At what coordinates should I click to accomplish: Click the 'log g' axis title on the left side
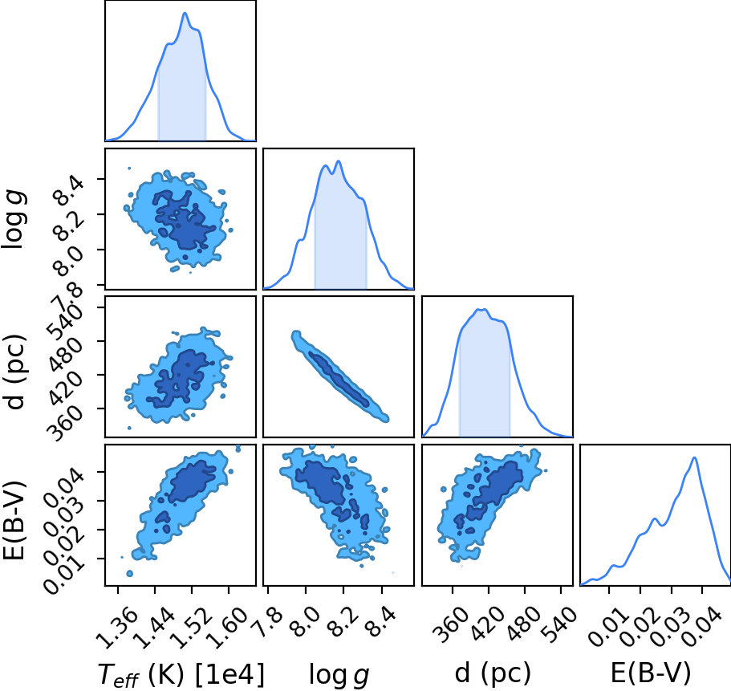[14, 219]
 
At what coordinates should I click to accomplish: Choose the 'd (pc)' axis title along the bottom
[493, 673]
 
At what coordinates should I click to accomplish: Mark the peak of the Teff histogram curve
[185, 13]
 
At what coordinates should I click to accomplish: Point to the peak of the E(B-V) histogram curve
[695, 457]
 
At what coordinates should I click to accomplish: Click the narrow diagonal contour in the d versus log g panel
[340, 376]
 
